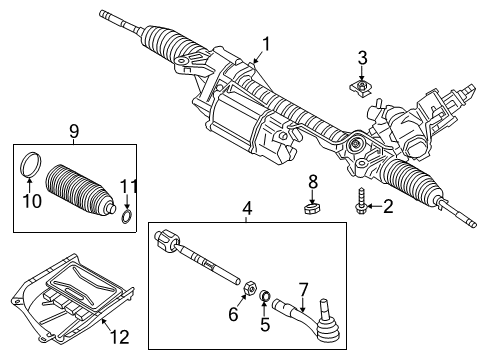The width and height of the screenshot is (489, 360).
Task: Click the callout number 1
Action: [x=266, y=45]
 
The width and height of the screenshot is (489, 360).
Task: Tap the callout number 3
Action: [x=362, y=58]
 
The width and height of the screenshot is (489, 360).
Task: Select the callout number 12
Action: [x=120, y=337]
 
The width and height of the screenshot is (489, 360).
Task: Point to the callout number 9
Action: [x=74, y=131]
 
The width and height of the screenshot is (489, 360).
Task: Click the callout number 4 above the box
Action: [x=247, y=209]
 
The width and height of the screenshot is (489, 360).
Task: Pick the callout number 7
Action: [x=303, y=290]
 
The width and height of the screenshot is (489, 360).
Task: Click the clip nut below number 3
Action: [x=361, y=88]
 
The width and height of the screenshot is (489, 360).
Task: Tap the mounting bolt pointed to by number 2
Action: [x=361, y=201]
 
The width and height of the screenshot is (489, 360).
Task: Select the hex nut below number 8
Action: [x=312, y=210]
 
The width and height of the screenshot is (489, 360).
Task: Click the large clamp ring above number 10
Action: [x=32, y=164]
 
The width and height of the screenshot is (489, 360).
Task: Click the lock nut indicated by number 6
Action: [x=250, y=287]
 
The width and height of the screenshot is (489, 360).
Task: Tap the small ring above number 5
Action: [x=265, y=295]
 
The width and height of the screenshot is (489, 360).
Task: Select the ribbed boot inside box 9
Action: [x=79, y=190]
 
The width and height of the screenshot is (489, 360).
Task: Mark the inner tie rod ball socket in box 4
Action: [x=166, y=241]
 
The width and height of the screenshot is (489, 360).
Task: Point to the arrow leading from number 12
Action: [x=106, y=324]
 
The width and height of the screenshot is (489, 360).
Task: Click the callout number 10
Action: [x=32, y=201]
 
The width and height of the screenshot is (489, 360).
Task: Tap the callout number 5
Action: [x=265, y=324]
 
